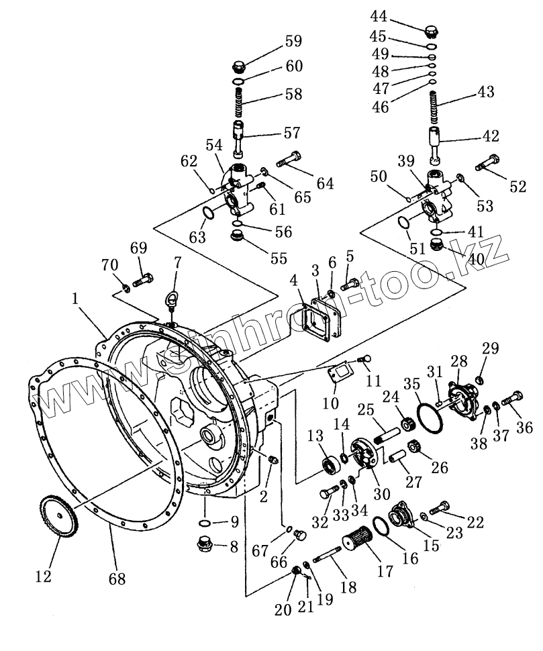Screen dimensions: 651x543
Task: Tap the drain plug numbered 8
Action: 203,544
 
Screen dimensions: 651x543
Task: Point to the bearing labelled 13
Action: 330,464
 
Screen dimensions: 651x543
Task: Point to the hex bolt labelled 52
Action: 487,162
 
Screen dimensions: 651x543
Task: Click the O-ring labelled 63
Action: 209,215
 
